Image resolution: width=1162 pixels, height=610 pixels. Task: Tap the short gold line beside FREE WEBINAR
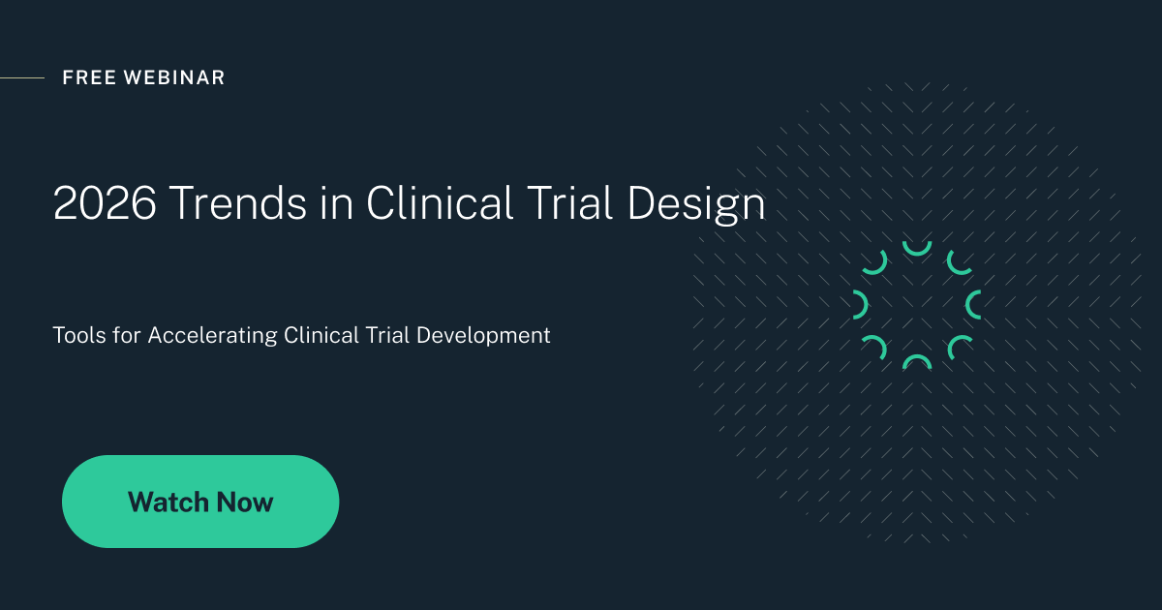tap(21, 77)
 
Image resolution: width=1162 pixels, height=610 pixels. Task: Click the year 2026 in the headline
tap(104, 204)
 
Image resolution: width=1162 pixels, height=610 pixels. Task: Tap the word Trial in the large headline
tap(571, 204)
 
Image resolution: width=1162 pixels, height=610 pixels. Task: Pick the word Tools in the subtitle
tap(80, 336)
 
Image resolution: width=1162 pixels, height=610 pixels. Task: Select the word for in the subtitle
tap(128, 336)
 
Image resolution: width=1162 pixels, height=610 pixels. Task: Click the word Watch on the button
tap(168, 502)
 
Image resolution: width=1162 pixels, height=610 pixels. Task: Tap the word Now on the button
tap(245, 502)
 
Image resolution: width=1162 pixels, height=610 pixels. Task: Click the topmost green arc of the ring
tap(916, 249)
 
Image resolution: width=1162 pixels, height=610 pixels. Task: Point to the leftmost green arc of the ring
tap(860, 304)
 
